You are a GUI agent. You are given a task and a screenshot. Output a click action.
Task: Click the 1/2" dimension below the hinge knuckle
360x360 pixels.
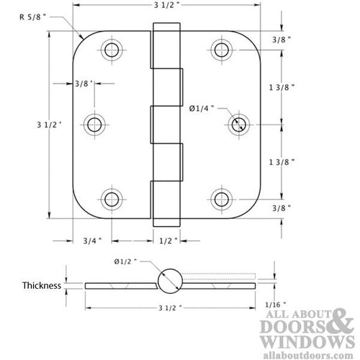(x=166, y=240)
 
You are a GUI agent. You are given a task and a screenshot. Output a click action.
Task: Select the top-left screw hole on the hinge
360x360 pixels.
(x=111, y=50)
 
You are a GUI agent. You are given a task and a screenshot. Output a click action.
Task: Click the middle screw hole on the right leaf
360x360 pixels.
(x=238, y=124)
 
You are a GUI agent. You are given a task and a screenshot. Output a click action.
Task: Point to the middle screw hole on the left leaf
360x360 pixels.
(x=94, y=124)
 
